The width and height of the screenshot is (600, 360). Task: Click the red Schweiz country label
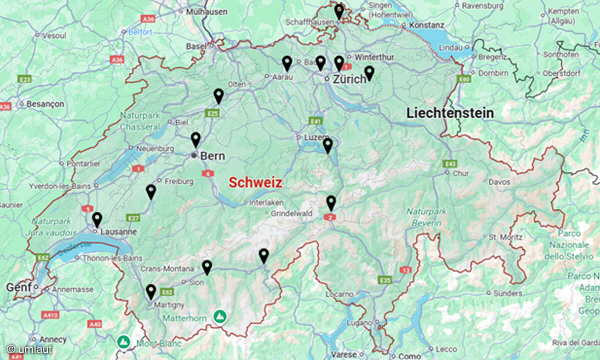click(255, 182)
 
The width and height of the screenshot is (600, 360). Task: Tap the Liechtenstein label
click(450, 113)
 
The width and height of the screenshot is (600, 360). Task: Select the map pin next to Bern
click(195, 139)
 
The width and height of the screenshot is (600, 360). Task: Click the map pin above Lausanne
click(97, 219)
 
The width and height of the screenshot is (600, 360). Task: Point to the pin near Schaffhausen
click(339, 11)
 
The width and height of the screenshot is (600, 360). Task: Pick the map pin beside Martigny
click(150, 291)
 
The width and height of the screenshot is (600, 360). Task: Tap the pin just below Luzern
click(327, 145)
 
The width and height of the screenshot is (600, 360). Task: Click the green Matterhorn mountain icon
click(219, 316)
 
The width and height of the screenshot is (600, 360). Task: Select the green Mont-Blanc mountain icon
click(122, 341)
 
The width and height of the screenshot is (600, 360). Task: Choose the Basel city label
click(195, 46)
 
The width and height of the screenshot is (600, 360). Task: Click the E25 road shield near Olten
click(212, 113)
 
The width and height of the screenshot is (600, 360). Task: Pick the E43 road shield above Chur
click(449, 163)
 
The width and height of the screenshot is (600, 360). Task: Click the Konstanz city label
click(426, 25)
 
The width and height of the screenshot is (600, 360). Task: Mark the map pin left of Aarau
click(286, 63)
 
